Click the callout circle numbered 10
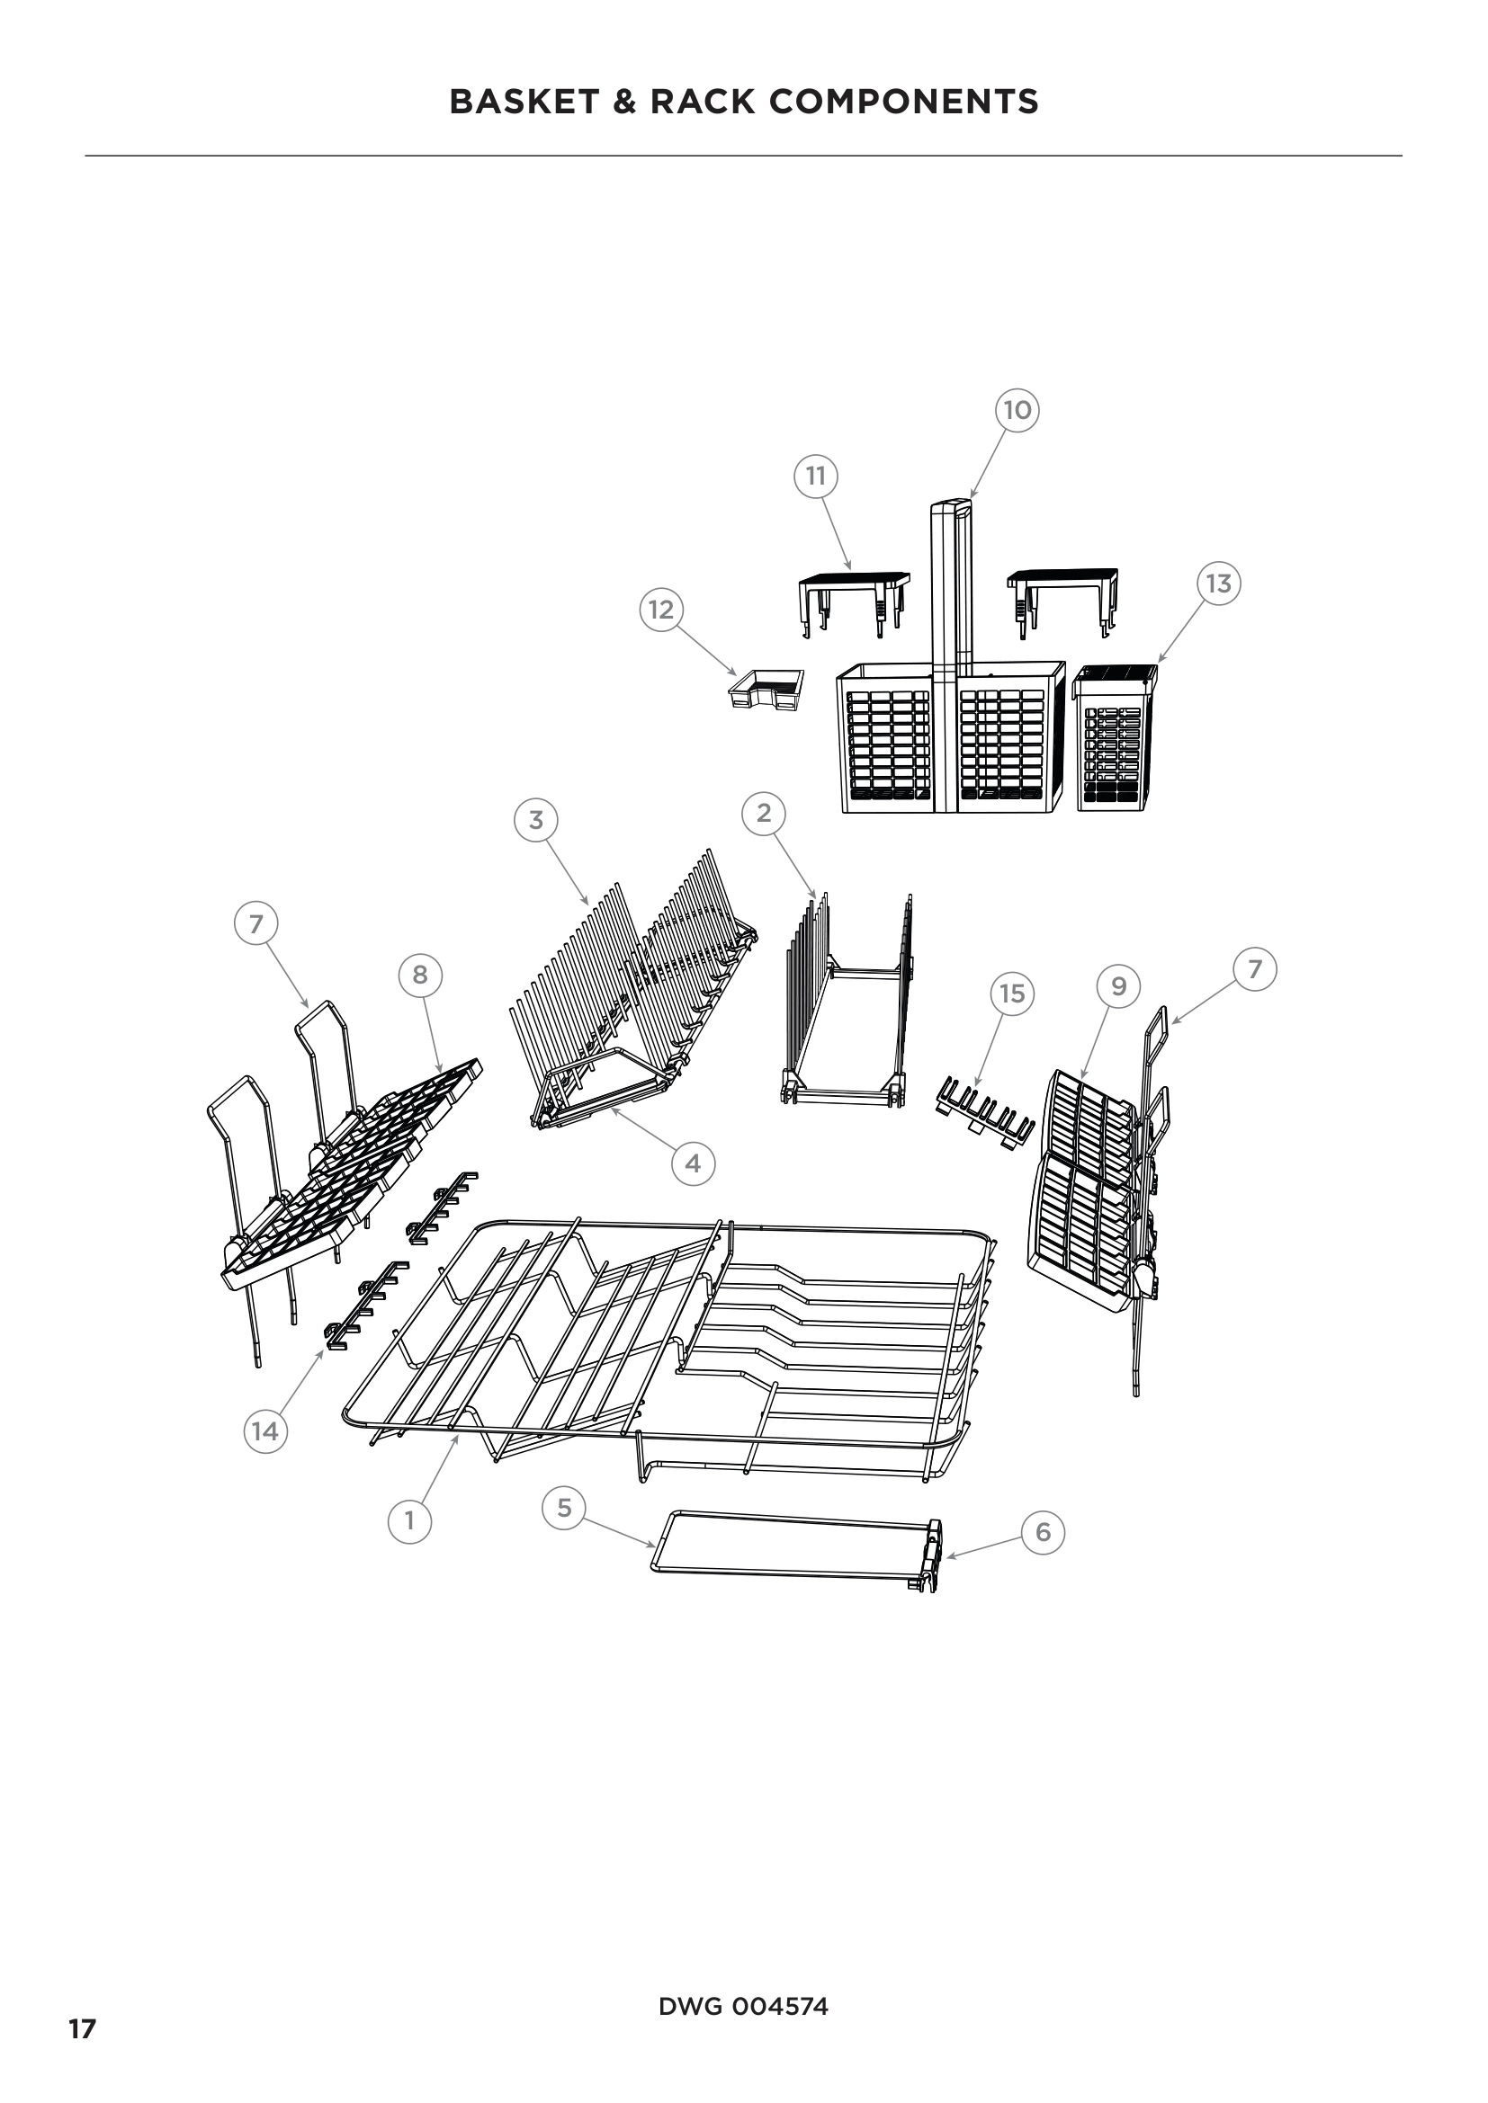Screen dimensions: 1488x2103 pos(1017,409)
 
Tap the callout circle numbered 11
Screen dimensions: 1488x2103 pos(815,476)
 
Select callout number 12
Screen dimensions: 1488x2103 pos(661,610)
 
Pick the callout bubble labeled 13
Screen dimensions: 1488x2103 pos(1219,584)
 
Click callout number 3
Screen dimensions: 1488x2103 pos(536,820)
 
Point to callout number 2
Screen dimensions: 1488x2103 pos(764,813)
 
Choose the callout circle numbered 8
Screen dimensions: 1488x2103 pos(419,975)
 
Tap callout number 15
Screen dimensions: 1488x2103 pos(1011,994)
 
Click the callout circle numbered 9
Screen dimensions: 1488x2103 pos(1119,985)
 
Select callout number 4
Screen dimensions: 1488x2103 pos(693,1163)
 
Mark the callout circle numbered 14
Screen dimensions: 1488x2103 pos(264,1430)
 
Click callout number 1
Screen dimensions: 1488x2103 pos(408,1520)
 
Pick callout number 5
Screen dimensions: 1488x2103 pos(564,1507)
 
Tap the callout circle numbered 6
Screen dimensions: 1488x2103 pos(1043,1532)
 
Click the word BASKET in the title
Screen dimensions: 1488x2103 pos(524,102)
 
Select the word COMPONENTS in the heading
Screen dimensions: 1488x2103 pos(904,102)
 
